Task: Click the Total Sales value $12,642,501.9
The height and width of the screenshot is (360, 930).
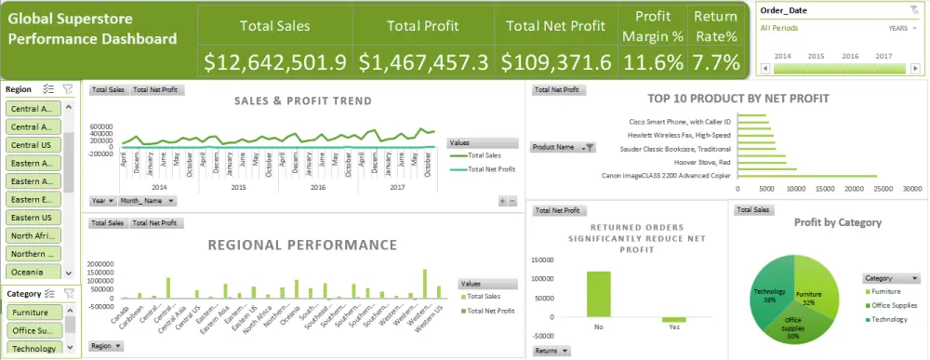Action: point(274,62)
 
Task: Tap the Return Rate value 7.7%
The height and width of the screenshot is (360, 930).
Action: point(717,62)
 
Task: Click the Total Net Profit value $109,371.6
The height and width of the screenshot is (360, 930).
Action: point(556,62)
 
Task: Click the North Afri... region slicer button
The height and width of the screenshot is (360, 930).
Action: point(33,235)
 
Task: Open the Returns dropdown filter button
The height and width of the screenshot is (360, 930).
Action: point(551,352)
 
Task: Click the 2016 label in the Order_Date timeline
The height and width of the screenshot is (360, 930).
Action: point(851,56)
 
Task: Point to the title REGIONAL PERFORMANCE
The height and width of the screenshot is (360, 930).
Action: point(302,246)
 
